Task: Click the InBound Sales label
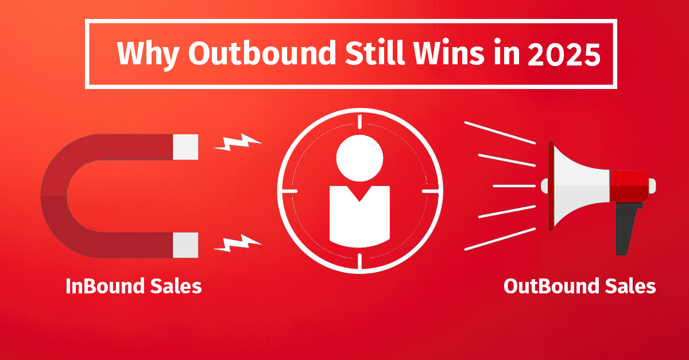coord(134,285)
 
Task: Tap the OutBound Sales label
coord(579,285)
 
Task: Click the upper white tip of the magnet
coord(185,146)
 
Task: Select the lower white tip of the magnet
coord(185,245)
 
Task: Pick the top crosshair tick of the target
coord(359,121)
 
